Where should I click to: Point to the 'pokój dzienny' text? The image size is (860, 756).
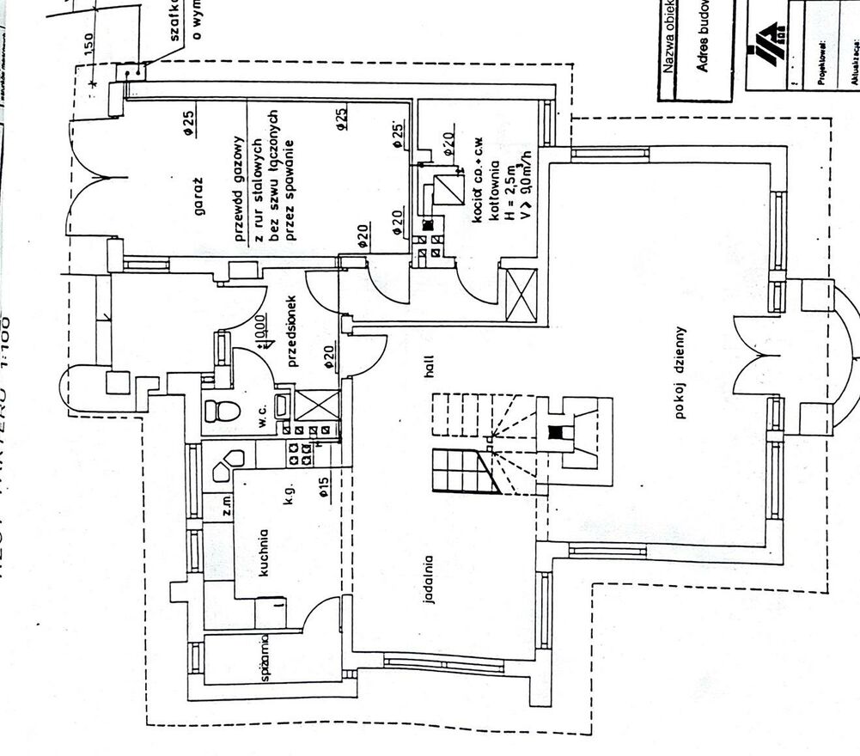681,372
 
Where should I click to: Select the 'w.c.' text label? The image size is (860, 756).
255,410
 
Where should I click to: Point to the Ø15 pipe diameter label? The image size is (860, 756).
323,489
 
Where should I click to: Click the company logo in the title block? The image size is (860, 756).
767,41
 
